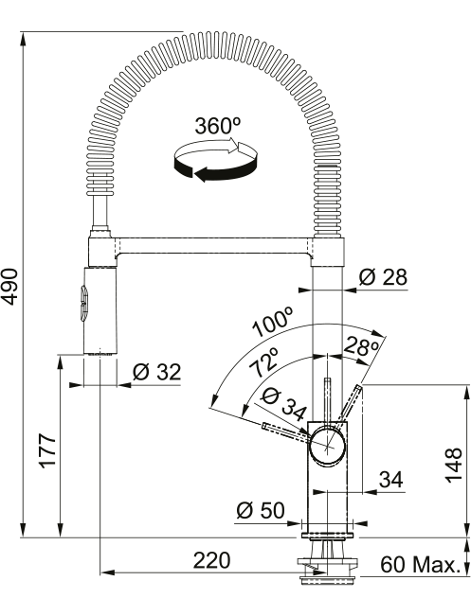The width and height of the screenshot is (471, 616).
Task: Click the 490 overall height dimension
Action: [11, 287]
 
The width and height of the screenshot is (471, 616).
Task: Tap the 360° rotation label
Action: [217, 126]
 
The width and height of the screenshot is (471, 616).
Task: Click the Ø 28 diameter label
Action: [383, 277]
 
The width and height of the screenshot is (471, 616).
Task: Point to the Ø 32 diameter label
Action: [156, 372]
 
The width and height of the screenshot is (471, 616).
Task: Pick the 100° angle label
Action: [274, 323]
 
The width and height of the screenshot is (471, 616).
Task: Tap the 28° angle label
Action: [361, 346]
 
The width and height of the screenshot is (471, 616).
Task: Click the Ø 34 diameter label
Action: [283, 404]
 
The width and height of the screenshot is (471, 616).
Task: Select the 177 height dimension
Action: [47, 450]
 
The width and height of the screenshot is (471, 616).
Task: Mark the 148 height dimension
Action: [453, 465]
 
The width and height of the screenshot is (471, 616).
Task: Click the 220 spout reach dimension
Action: [211, 560]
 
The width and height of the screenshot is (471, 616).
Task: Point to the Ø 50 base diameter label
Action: [260, 510]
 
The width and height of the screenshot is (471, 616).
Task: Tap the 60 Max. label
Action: [420, 565]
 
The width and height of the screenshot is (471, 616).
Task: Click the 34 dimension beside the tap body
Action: [391, 480]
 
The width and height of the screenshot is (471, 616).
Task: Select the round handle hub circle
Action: [327, 448]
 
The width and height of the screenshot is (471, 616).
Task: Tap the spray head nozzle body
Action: [100, 311]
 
